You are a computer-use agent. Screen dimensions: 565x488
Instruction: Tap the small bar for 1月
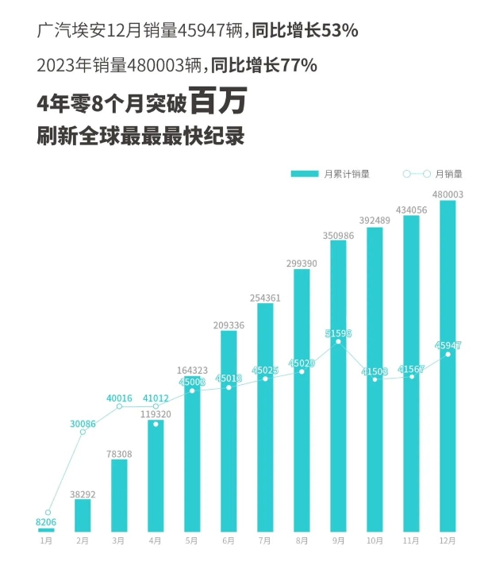[x=47, y=530]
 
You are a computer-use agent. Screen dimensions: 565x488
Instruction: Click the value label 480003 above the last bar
[x=448, y=193]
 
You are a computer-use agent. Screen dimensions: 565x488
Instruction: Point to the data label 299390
[x=302, y=263]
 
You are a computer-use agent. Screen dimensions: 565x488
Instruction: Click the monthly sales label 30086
[x=83, y=424]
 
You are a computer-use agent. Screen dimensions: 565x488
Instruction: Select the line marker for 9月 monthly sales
[x=338, y=342]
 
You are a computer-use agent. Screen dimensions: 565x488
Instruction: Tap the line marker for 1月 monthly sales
[x=48, y=513]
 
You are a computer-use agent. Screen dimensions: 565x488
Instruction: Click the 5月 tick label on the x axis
[x=191, y=541]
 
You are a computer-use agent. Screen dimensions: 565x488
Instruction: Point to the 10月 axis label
[x=375, y=541]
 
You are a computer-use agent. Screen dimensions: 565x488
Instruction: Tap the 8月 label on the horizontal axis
[x=302, y=541]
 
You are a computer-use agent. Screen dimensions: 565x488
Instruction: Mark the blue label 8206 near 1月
[x=47, y=523]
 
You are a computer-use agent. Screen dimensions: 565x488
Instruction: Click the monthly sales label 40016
[x=119, y=398]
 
